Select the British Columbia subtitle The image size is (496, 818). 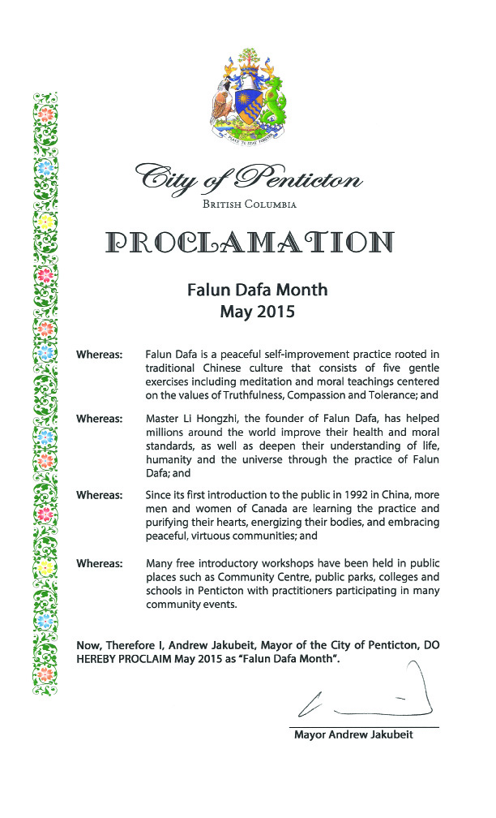(248, 204)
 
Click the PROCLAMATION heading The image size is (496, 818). (248, 241)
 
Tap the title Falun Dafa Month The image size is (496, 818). (248, 289)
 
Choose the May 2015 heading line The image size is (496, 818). (248, 310)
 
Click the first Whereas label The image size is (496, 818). (99, 355)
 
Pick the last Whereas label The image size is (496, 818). (99, 562)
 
